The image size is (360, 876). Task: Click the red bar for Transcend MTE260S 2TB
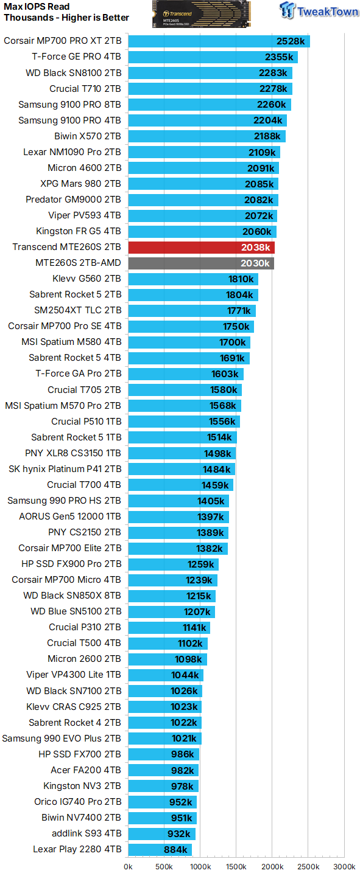pos(201,248)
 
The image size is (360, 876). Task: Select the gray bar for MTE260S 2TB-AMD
pos(201,263)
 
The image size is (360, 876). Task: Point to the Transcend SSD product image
pos(202,14)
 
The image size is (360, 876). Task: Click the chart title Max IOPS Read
pos(37,7)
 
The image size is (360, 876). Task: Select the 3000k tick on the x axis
pos(344,866)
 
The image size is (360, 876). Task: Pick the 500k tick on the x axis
pos(164,866)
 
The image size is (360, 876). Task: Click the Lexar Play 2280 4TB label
pos(77,849)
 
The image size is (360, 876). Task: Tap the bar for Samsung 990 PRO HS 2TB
pos(178,501)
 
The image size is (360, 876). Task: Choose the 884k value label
pos(175,850)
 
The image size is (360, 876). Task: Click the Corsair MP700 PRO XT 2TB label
pos(63,41)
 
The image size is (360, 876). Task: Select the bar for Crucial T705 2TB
pos(185,390)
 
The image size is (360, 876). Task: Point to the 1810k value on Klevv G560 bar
pos(241,279)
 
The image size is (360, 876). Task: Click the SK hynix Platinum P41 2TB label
pos(65,469)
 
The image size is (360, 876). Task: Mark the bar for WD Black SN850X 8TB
pos(172,596)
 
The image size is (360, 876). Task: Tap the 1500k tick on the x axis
pos(236,866)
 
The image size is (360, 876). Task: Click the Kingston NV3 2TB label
pos(82,786)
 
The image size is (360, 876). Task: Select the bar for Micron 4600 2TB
pos(203,168)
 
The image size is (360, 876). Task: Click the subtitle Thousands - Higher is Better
pos(66,18)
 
